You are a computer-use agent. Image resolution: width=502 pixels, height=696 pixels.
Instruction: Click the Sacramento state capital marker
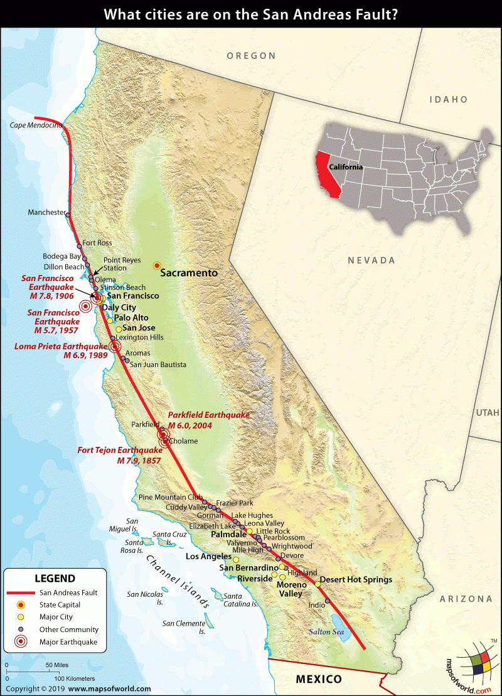pyautogui.click(x=157, y=265)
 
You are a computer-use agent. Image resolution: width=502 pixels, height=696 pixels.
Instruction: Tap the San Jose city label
pyautogui.click(x=139, y=328)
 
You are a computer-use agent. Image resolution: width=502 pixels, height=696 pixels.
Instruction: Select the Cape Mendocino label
pyautogui.click(x=35, y=126)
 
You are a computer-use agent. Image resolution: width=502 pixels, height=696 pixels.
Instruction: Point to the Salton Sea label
pyautogui.click(x=323, y=631)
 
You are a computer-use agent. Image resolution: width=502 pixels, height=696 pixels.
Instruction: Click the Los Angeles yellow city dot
pyautogui.click(x=236, y=559)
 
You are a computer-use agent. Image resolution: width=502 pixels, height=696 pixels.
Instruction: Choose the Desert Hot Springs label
pyautogui.click(x=356, y=579)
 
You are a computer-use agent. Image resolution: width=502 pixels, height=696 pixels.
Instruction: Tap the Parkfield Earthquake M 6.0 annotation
pyautogui.click(x=208, y=420)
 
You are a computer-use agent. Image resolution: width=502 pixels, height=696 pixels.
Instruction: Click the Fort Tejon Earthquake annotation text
pyautogui.click(x=120, y=455)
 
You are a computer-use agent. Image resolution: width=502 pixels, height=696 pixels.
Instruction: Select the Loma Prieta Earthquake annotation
pyautogui.click(x=61, y=350)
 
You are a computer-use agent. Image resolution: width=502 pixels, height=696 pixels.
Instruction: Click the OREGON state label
pyautogui.click(x=251, y=56)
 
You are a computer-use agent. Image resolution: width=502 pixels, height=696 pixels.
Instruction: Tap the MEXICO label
pyautogui.click(x=319, y=679)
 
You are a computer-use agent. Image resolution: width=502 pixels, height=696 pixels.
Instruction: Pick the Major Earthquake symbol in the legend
pyautogui.click(x=21, y=641)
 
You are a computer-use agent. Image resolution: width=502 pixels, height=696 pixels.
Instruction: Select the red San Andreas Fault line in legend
pyautogui.click(x=21, y=592)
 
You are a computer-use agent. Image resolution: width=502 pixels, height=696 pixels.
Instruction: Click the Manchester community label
pyautogui.click(x=46, y=212)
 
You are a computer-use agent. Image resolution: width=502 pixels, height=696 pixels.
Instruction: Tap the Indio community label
pyautogui.click(x=317, y=605)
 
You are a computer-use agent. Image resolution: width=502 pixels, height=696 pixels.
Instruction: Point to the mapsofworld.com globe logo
pyautogui.click(x=475, y=667)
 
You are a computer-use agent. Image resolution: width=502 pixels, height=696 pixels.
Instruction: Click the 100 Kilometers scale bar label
pyautogui.click(x=74, y=678)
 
